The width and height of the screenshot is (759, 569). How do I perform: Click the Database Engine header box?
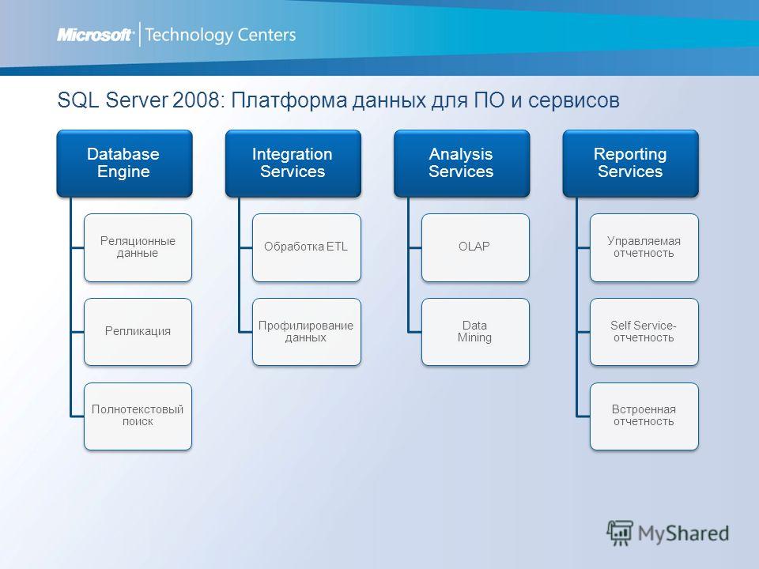pyautogui.click(x=124, y=164)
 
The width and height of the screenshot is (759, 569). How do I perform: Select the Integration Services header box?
pyautogui.click(x=293, y=164)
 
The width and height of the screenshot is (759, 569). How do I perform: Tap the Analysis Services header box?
pyautogui.click(x=462, y=164)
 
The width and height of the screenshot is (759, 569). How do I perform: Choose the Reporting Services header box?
pyautogui.click(x=630, y=164)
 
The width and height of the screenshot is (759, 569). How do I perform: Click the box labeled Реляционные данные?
pyautogui.click(x=138, y=247)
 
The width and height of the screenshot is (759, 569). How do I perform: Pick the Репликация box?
pyautogui.click(x=138, y=332)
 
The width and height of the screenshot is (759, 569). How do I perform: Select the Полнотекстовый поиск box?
pyautogui.click(x=138, y=416)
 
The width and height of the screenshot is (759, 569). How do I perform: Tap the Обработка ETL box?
pyautogui.click(x=307, y=247)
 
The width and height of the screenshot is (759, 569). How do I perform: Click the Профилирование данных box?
pyautogui.click(x=307, y=332)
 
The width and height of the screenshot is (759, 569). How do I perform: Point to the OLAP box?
pyautogui.click(x=475, y=247)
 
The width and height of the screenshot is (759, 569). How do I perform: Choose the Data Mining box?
pyautogui.click(x=475, y=332)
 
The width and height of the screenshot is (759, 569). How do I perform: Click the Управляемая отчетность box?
pyautogui.click(x=644, y=247)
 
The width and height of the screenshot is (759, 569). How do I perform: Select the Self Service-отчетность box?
pyautogui.click(x=644, y=332)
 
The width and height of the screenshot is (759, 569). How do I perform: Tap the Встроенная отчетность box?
pyautogui.click(x=644, y=416)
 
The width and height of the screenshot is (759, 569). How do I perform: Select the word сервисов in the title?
pyautogui.click(x=574, y=100)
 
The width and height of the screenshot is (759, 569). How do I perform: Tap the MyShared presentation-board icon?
pyautogui.click(x=620, y=533)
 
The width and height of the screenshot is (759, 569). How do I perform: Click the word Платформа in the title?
pyautogui.click(x=289, y=100)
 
